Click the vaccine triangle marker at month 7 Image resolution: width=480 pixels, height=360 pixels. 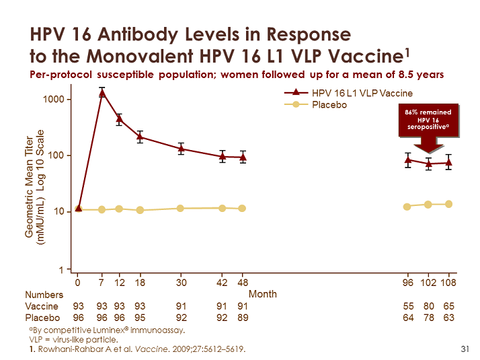coord(102,94)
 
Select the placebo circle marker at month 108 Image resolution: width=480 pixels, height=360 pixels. coord(448,204)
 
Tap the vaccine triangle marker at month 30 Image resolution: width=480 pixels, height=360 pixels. coord(181,149)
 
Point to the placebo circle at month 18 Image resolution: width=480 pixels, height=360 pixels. coord(140,210)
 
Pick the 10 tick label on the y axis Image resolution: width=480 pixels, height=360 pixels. coord(60,211)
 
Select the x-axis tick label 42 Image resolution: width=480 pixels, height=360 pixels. coord(223,282)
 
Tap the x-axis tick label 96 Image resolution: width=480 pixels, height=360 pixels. coord(407,282)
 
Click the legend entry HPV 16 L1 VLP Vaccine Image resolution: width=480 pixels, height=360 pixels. coord(362,93)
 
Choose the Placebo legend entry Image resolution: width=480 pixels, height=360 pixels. coord(329,105)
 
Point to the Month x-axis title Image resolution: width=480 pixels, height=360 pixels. coord(263,294)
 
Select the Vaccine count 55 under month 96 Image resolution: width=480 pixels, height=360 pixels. coord(407,305)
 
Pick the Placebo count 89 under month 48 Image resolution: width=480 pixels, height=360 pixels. coord(243,317)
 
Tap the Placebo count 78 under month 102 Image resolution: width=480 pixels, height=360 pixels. coord(428,317)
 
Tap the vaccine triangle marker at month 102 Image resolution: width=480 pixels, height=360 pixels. coord(428,164)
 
